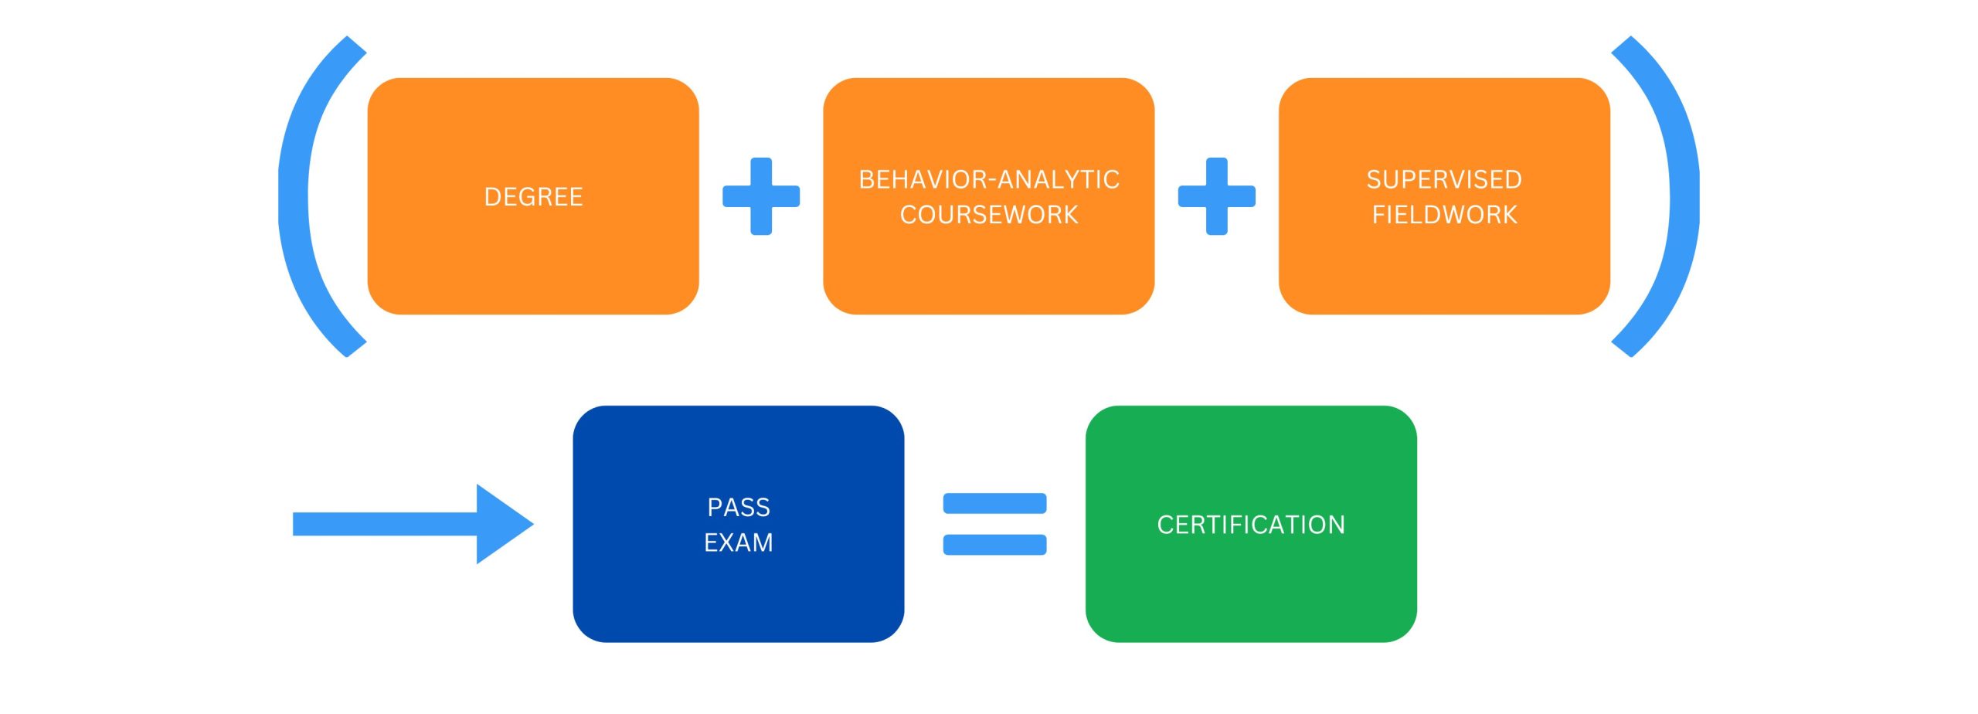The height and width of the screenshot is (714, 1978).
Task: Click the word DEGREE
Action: click(x=533, y=197)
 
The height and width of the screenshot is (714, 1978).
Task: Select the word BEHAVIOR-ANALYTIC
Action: click(x=989, y=179)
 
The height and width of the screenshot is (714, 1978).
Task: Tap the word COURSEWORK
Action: click(x=989, y=215)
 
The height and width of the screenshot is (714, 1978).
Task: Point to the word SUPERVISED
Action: click(x=1444, y=179)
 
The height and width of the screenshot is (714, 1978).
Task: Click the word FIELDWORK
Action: click(x=1444, y=215)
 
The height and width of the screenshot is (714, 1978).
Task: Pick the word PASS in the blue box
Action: click(x=739, y=507)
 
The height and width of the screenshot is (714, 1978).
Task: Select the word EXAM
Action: click(x=739, y=542)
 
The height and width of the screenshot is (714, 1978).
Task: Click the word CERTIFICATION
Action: click(x=1251, y=525)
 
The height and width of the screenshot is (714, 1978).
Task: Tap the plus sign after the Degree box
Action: click(x=761, y=196)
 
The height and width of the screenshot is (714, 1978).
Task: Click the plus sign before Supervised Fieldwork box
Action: click(x=1216, y=196)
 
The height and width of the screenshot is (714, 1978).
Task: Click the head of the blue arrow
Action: click(x=502, y=524)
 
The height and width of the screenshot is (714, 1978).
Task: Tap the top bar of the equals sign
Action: click(x=994, y=503)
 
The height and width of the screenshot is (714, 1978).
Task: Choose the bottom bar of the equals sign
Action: click(x=994, y=545)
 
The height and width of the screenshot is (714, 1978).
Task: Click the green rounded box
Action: click(x=1251, y=595)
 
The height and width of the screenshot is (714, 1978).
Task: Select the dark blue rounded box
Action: click(x=739, y=603)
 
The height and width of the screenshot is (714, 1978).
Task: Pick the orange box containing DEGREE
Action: click(x=533, y=263)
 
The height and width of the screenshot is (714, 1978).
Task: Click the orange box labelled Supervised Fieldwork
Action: click(x=1444, y=270)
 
